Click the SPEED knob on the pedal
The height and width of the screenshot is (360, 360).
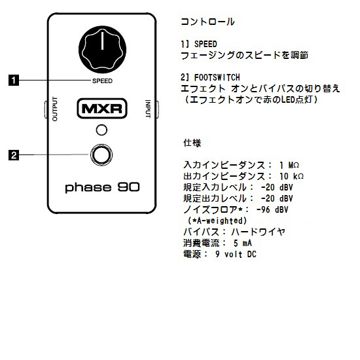102,50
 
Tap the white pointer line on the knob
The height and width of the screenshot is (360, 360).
102,41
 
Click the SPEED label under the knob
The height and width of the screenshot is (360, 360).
102,81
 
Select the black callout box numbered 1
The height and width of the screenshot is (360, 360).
14,80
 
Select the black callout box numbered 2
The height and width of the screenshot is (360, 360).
14,155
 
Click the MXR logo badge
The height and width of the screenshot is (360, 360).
102,109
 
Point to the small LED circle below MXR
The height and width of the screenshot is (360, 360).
101,130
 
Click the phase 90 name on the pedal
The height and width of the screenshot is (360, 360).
102,188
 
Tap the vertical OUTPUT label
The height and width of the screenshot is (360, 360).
55,109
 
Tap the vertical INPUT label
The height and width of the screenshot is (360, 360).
148,109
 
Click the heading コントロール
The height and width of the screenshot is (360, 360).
207,22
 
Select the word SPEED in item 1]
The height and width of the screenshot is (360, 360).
206,44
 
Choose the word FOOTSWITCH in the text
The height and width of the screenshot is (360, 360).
217,77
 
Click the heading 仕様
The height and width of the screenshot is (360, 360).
192,143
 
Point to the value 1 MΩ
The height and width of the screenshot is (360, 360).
289,165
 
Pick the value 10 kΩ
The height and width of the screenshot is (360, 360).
291,176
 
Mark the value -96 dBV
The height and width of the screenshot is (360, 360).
272,209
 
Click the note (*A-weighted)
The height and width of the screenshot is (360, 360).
217,221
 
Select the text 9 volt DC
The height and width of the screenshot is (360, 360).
236,254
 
